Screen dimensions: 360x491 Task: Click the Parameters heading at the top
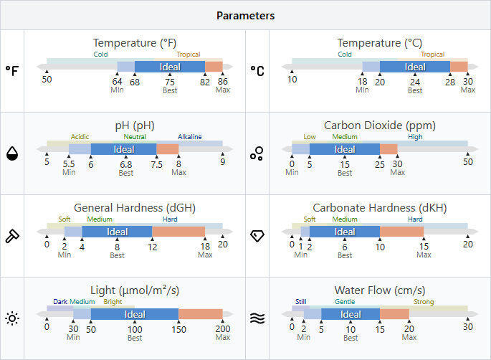pos(245,15)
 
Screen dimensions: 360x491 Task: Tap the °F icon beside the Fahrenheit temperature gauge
pos(12,70)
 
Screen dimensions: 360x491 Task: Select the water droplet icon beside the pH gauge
pos(12,153)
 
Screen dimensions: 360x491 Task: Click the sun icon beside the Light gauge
pos(12,318)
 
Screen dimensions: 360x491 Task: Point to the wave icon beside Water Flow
pos(257,318)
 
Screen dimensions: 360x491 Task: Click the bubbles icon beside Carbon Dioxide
pos(257,153)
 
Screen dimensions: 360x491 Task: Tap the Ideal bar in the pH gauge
pos(124,149)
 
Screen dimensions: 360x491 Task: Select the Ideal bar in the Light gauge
pos(135,314)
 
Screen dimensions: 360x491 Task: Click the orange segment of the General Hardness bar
pos(178,232)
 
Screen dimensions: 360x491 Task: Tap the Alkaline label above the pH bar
pos(190,137)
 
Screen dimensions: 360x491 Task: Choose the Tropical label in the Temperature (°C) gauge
pos(432,55)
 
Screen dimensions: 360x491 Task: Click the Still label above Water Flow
pos(300,302)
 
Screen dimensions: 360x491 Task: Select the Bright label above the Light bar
pos(113,302)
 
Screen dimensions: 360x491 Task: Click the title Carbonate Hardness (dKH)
pos(380,208)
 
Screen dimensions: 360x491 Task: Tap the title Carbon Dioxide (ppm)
pos(380,125)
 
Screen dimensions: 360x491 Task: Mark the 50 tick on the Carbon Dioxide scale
pos(468,162)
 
